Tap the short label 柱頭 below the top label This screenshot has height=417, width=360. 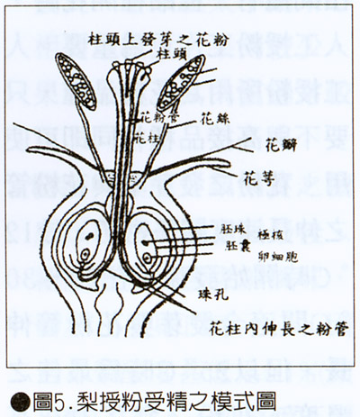(x=170, y=54)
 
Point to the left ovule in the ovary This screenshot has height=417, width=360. (x=97, y=243)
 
